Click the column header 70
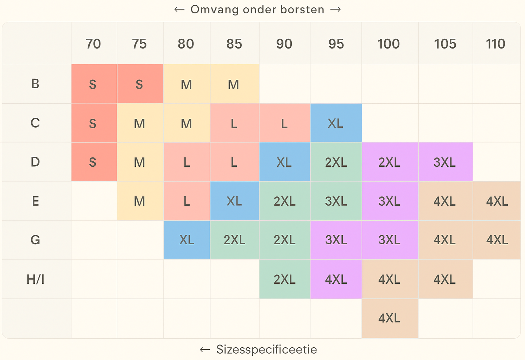coord(93,44)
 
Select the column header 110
coord(495,44)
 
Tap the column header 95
coord(336,44)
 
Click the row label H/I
coord(36,279)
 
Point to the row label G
coord(35,240)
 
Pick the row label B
coord(35,84)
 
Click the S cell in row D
coord(93,162)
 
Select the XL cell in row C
coord(335,123)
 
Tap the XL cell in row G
coord(186,240)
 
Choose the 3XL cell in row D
coord(444,162)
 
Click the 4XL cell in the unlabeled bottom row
coord(389,318)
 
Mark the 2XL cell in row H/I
coord(284,279)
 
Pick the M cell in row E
coord(139,201)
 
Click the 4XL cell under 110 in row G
coord(497,240)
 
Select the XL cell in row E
coord(234,201)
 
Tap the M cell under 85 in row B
coord(234,84)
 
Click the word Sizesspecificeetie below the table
coord(266,349)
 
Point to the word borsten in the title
coord(302,9)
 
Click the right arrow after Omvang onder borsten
coord(336,9)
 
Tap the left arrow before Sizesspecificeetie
coord(205,349)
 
